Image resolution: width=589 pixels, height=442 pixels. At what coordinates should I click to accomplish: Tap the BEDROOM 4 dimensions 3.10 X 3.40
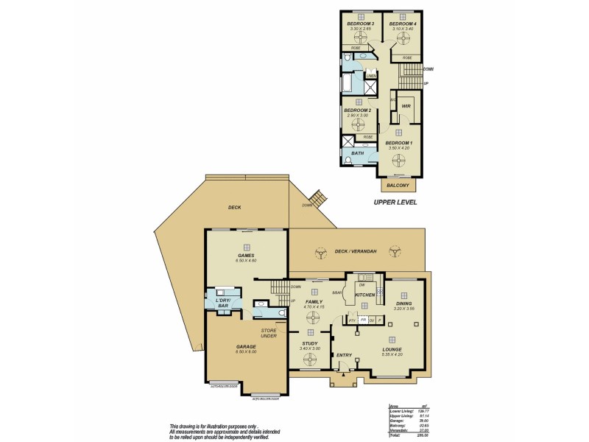pos(403,29)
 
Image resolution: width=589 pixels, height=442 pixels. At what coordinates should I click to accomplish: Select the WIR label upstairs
pos(406,106)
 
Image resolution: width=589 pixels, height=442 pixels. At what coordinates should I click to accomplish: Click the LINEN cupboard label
pos(371,75)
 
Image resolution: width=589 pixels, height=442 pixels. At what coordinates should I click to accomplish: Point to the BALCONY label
pos(398,186)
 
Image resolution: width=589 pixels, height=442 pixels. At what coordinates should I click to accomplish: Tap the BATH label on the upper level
pos(357,153)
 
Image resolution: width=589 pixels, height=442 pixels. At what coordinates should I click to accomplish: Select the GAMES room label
pos(246,256)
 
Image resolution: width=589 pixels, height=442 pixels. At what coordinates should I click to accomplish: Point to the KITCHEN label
pos(365,295)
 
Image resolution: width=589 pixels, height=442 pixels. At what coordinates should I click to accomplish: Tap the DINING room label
pos(404,303)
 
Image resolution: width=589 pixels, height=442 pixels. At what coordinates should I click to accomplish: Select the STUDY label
pos(309,343)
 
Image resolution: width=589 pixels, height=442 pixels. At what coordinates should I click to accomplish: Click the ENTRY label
pos(344,355)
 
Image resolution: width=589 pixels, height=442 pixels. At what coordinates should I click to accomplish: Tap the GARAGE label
pos(246,346)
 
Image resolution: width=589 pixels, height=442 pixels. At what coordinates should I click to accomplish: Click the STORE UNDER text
pos(269,333)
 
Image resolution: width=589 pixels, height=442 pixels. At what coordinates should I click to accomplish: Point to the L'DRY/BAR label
pos(223,303)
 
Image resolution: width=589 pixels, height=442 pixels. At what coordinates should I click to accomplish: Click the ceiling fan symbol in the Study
pos(310,359)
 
